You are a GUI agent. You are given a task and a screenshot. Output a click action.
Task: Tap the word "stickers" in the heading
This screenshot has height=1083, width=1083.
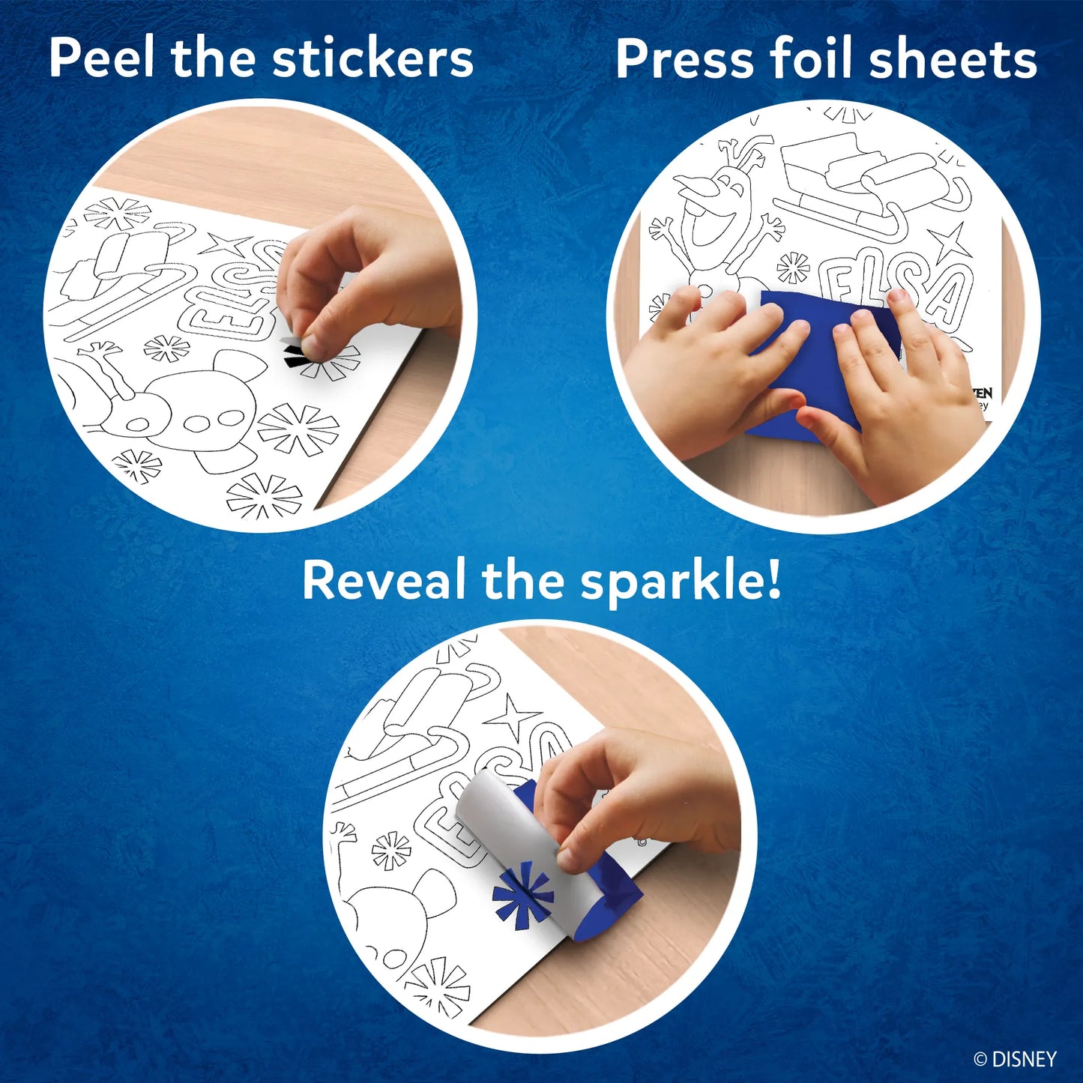click(372, 58)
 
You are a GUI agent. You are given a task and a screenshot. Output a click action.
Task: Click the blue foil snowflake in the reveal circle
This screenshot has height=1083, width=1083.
click(523, 892)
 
